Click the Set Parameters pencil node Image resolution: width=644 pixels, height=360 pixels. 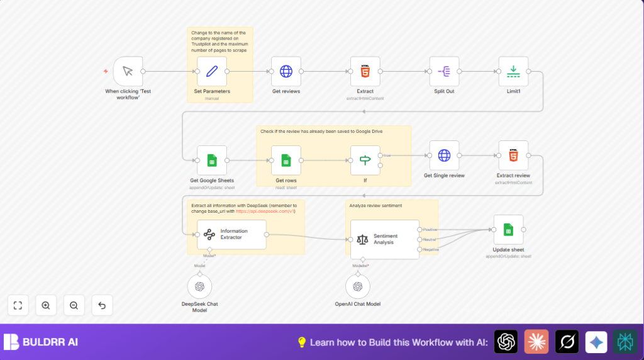coord(211,71)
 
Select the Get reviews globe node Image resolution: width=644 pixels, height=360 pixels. coord(286,71)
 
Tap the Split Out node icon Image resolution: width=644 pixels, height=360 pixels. coord(444,71)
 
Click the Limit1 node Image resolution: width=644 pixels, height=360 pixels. coord(513,71)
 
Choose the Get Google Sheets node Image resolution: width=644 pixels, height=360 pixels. coord(211,160)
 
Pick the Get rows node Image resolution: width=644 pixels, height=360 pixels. coord(286,160)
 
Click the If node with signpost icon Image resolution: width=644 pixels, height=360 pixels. coord(365,160)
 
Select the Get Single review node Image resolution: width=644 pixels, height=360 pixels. coord(444,155)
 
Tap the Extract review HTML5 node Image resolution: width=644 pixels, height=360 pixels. coord(513,155)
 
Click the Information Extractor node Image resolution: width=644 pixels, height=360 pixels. coord(231,235)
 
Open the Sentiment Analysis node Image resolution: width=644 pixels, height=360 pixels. coord(384,239)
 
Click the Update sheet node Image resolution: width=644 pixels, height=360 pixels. coord(508,230)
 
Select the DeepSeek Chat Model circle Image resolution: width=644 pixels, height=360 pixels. coord(199,286)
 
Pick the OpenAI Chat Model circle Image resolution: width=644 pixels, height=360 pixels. coord(358,286)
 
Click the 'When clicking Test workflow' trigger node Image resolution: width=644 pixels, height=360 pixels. coord(128,71)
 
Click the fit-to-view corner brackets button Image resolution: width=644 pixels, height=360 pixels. coord(18,305)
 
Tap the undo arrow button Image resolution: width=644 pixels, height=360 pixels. coord(102,305)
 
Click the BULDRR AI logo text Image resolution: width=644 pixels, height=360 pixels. coord(50,342)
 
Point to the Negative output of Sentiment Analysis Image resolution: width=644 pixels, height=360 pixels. coord(419,249)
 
